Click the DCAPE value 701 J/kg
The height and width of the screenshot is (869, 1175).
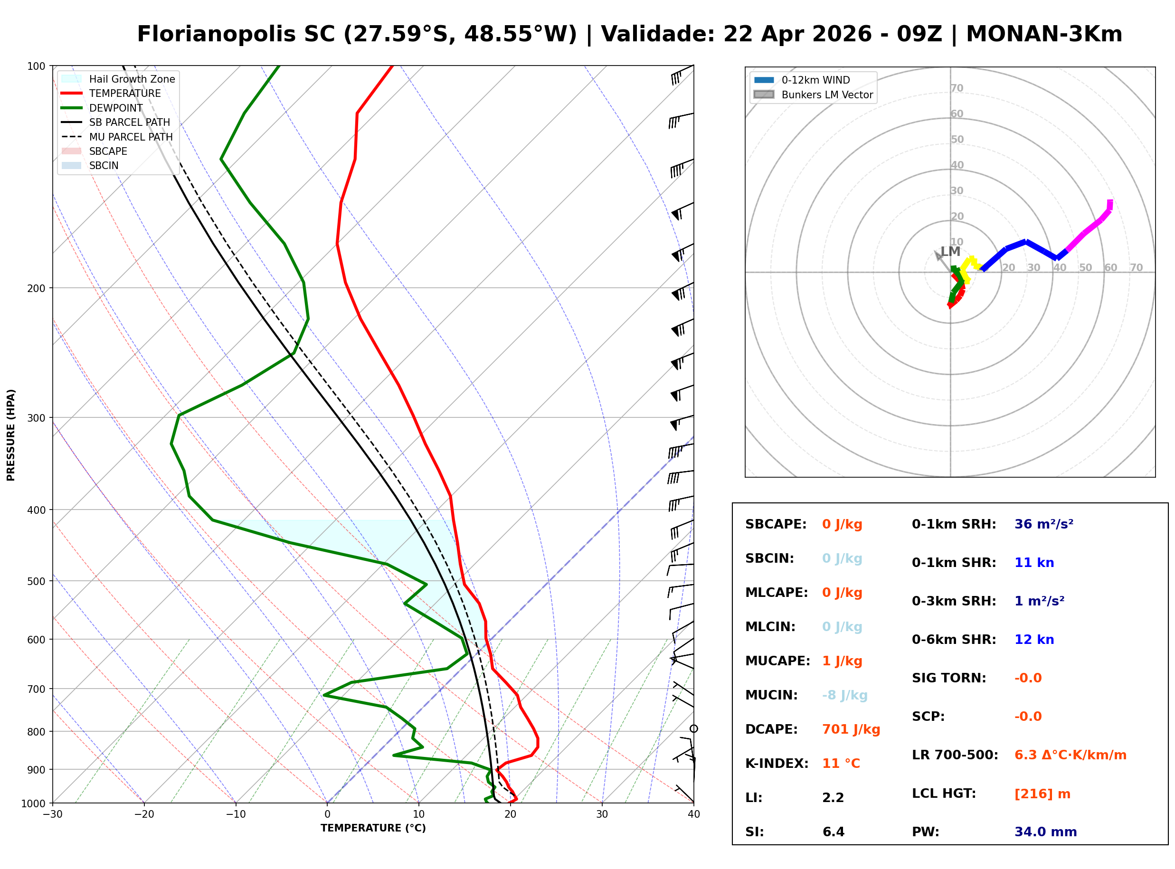click(x=851, y=729)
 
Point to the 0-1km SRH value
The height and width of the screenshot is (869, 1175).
click(x=1043, y=524)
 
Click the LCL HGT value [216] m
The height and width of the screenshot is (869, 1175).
click(x=1042, y=794)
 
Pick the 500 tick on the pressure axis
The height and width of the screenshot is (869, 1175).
click(x=36, y=581)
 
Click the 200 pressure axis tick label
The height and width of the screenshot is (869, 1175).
click(x=36, y=288)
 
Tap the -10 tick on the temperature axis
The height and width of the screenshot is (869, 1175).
click(x=236, y=815)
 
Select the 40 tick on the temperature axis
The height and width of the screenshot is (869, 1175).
click(x=693, y=815)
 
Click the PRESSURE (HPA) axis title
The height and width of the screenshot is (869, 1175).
click(x=11, y=435)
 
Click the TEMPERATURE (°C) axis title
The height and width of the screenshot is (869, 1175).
click(x=373, y=829)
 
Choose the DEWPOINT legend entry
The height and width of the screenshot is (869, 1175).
click(x=116, y=108)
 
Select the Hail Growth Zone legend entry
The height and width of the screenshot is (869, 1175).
click(x=132, y=79)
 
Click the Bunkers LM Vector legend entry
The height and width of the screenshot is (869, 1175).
click(x=827, y=94)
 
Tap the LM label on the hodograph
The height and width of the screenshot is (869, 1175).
click(x=950, y=252)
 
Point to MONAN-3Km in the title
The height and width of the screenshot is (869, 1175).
click(x=1044, y=34)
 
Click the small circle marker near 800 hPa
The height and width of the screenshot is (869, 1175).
click(x=694, y=729)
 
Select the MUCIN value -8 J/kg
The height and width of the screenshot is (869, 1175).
click(x=844, y=695)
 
